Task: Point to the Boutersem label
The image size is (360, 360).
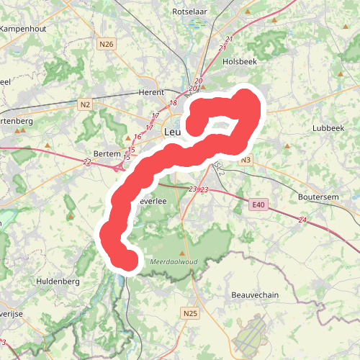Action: pyautogui.click(x=319, y=197)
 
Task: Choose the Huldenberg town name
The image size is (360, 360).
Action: pyautogui.click(x=57, y=282)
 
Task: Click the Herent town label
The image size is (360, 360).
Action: pyautogui.click(x=150, y=92)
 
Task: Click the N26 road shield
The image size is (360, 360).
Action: pyautogui.click(x=107, y=45)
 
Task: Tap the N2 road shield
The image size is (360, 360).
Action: pyautogui.click(x=86, y=105)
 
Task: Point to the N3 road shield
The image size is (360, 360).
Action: pyautogui.click(x=246, y=160)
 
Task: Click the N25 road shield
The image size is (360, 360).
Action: pyautogui.click(x=190, y=313)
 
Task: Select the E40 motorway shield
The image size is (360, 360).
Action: pyautogui.click(x=259, y=206)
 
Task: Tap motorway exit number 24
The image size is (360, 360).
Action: pyautogui.click(x=302, y=220)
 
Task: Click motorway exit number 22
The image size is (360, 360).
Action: pyautogui.click(x=87, y=163)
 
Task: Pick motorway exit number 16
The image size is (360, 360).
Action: pyautogui.click(x=137, y=137)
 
